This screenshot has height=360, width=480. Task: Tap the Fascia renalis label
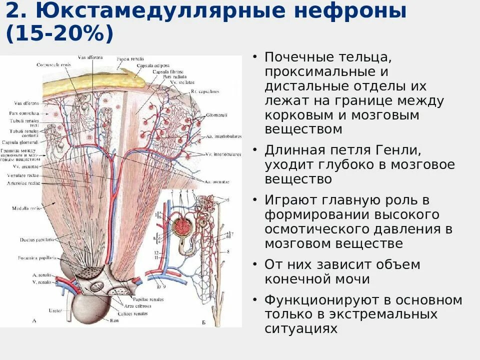click(128, 58)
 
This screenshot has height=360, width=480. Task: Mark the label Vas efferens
click(27, 103)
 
